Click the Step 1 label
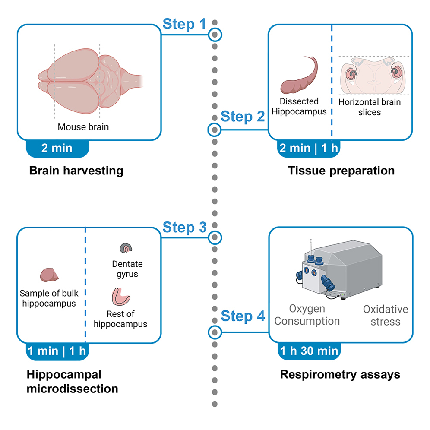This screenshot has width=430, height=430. (x=184, y=25)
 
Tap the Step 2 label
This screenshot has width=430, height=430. (x=242, y=117)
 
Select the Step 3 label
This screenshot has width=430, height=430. (x=184, y=228)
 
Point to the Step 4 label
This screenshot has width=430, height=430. (x=242, y=316)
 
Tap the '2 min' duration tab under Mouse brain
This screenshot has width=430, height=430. (x=57, y=149)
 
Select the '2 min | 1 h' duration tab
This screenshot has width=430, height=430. (x=308, y=149)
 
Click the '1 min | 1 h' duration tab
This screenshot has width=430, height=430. (x=57, y=351)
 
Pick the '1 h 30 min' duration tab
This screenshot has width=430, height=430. (x=308, y=351)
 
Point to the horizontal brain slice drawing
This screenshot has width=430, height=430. (x=373, y=76)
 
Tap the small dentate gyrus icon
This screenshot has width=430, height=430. (x=126, y=248)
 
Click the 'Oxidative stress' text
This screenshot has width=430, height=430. (x=385, y=315)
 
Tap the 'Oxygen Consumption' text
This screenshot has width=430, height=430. (x=307, y=315)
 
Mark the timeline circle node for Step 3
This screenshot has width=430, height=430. (x=215, y=237)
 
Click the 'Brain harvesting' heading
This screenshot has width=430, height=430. (x=76, y=171)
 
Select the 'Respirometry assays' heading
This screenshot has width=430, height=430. (x=340, y=374)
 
